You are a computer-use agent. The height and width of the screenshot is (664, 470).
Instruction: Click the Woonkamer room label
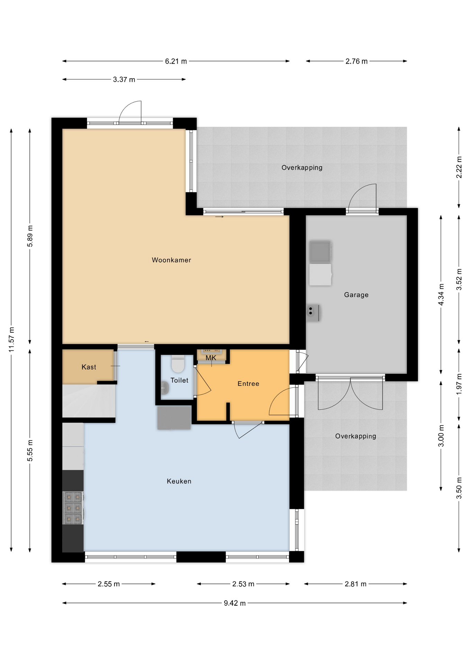pos(171,260)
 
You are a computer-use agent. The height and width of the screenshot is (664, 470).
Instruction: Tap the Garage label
pos(356,295)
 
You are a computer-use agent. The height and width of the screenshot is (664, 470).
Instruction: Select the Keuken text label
pos(179,481)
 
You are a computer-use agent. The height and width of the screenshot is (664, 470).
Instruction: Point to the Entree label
pos(248,384)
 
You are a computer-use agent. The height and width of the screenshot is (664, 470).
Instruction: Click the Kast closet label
pos(89,367)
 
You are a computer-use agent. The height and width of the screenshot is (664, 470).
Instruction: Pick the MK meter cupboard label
pos(211,358)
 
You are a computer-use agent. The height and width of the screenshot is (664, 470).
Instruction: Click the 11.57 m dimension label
pos(11,340)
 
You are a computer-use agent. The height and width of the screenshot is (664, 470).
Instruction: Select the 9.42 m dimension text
pos(235,603)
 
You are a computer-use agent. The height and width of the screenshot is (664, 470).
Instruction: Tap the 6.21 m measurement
pos(176,61)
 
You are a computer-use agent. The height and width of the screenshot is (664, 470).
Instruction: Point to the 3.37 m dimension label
pos(124,80)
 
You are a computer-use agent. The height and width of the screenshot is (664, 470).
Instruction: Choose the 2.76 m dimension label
pos(356,61)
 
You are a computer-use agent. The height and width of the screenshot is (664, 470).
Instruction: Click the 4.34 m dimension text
pos(441,295)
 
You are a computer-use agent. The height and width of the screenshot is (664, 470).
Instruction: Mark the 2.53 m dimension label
pos(243,584)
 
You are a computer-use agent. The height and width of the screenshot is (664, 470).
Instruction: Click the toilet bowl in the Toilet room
pos(178,364)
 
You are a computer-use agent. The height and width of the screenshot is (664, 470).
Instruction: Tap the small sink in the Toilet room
pos(165,388)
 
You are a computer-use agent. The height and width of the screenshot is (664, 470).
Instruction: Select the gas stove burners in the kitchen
pos(73,508)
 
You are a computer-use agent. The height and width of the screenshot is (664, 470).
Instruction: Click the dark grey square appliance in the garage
pos(320,252)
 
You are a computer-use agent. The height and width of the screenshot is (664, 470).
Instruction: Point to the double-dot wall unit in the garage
pos(313,313)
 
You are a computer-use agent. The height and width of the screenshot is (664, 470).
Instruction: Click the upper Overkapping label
pos(302,168)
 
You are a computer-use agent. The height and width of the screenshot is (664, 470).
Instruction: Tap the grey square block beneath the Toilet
pos(174,417)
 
